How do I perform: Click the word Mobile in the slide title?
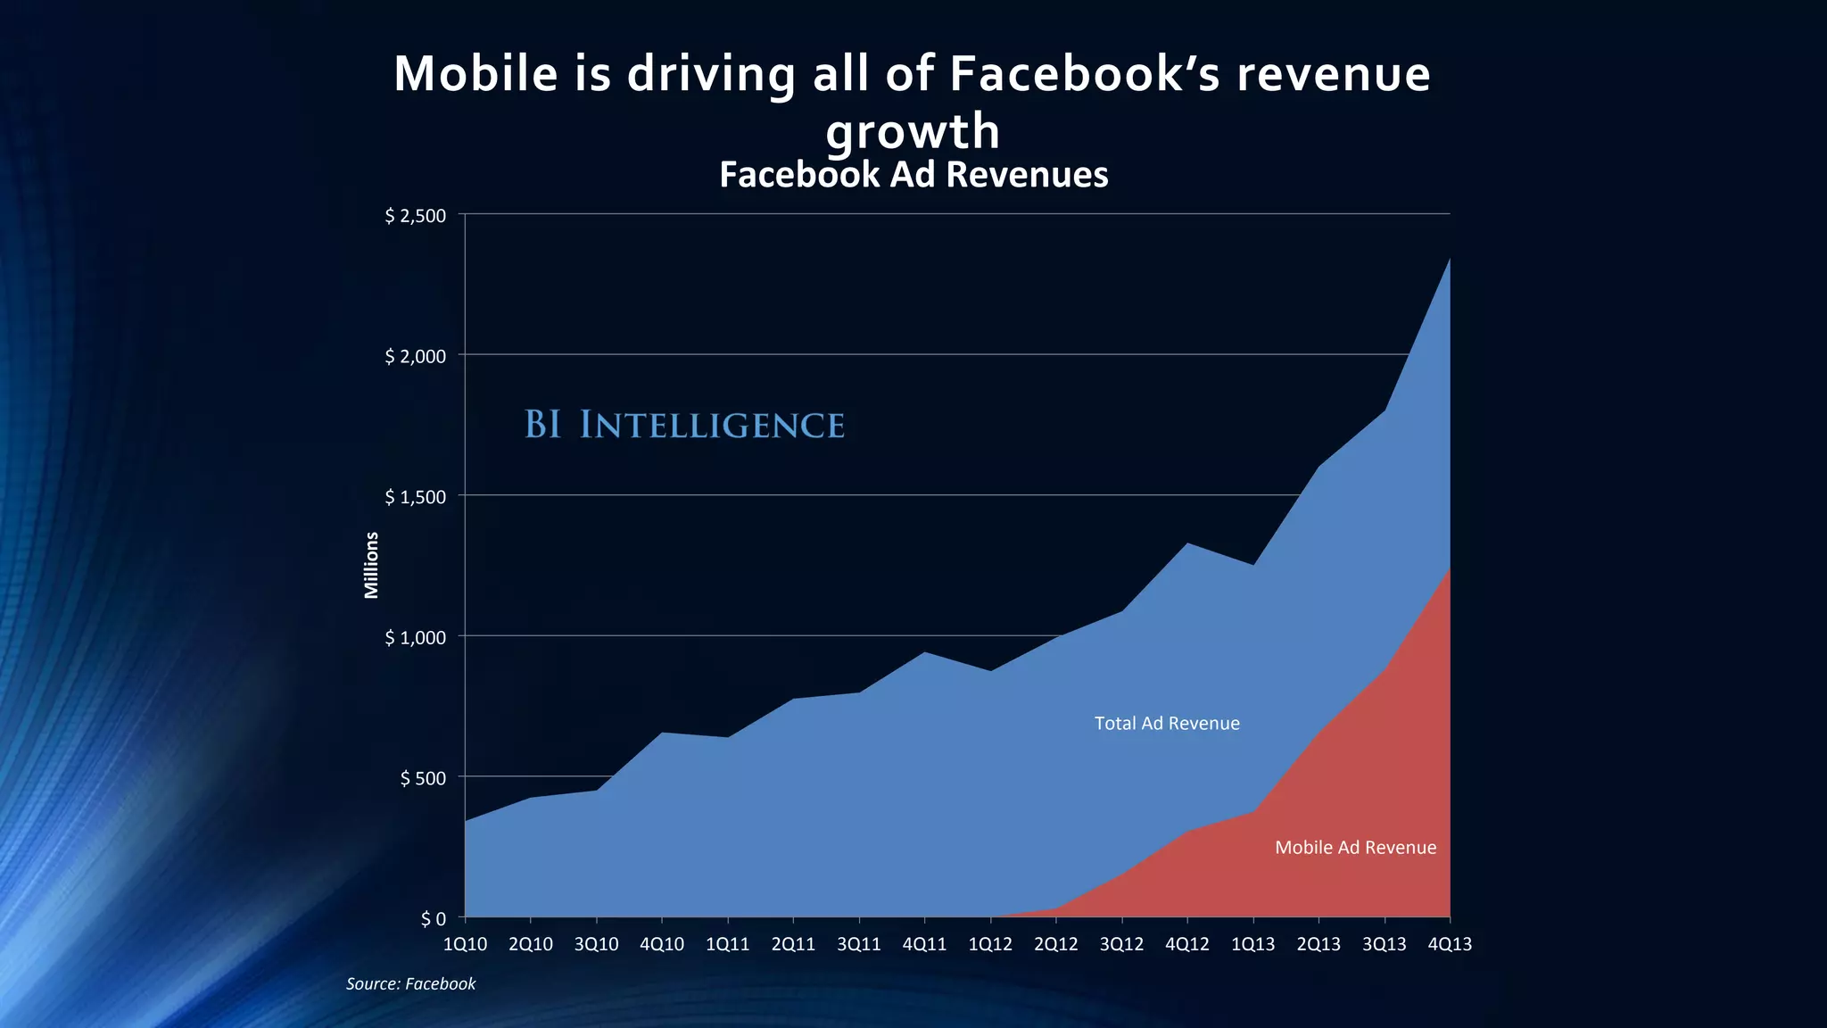[x=475, y=73]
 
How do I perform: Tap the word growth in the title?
[x=913, y=132]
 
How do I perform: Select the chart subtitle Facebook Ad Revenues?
[x=913, y=174]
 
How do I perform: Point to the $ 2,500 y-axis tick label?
[x=415, y=216]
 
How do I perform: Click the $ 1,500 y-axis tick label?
[x=415, y=497]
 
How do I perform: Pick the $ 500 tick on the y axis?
[x=423, y=778]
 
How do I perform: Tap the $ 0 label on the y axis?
[x=433, y=919]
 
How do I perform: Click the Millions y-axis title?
[x=372, y=565]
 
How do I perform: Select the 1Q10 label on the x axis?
[x=465, y=944]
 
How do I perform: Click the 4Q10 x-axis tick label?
[x=662, y=944]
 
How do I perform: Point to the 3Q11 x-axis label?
[x=858, y=944]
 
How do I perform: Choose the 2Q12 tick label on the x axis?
[x=1055, y=944]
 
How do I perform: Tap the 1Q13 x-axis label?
[x=1252, y=944]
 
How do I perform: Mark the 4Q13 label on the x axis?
[x=1450, y=944]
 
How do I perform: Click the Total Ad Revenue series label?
[x=1167, y=724]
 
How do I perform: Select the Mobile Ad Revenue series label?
[x=1355, y=848]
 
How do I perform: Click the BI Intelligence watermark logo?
[x=684, y=425]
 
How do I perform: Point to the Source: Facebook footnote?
[x=410, y=983]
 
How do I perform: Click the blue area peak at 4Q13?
[x=1449, y=261]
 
